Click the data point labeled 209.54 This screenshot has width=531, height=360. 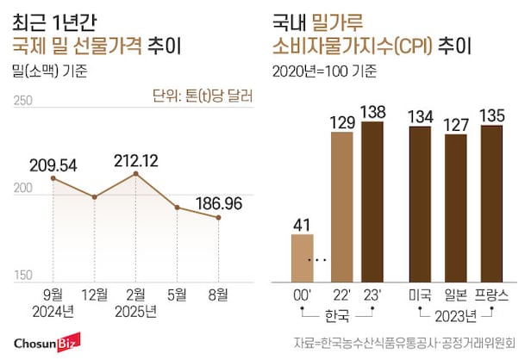click(53, 178)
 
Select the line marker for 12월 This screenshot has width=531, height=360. click(95, 197)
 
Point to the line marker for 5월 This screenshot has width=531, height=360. click(177, 208)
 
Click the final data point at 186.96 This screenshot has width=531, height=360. click(218, 218)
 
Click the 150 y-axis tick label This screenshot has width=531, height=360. click(23, 276)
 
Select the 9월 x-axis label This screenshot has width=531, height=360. click(53, 294)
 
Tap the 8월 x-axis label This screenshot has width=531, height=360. click(218, 294)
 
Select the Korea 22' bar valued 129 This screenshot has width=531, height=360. click(341, 206)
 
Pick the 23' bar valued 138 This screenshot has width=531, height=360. click(372, 202)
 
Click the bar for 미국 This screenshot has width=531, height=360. click(420, 203)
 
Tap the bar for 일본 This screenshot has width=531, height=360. click(455, 208)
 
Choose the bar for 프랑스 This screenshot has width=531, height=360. click(491, 203)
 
